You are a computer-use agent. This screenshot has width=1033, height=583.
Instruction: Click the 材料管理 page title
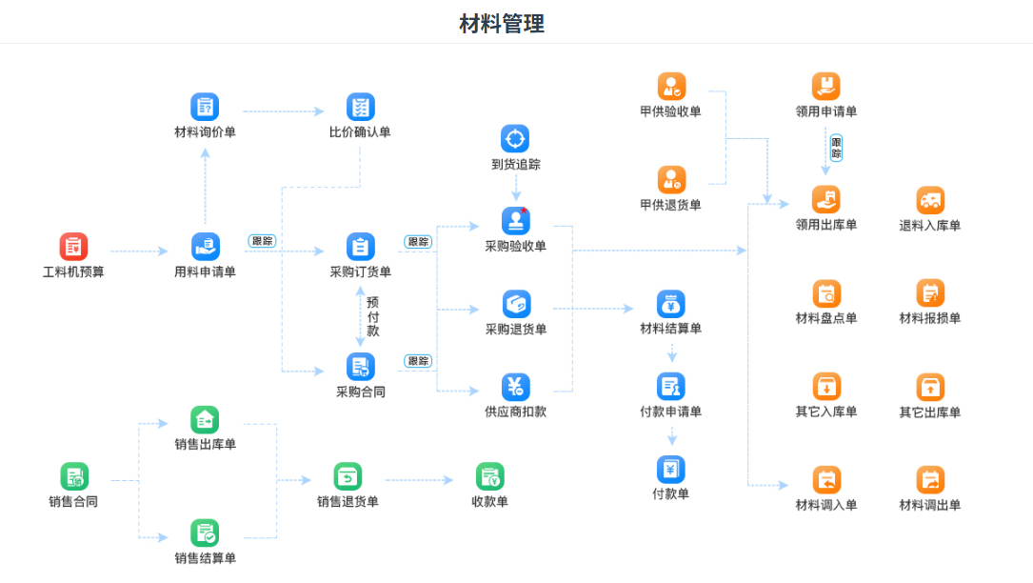501,24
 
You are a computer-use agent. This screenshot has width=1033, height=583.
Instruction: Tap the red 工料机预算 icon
73,247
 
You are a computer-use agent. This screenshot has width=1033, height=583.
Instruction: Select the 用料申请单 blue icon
205,247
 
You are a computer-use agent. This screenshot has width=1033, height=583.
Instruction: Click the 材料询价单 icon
205,107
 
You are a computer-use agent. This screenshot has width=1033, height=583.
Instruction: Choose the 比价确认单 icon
360,107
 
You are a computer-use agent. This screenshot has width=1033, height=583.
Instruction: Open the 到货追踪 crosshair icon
515,139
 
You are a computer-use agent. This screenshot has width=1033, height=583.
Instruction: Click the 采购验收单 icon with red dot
515,221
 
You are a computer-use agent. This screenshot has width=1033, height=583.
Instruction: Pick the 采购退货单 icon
515,304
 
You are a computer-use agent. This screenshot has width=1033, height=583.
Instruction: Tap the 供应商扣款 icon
515,387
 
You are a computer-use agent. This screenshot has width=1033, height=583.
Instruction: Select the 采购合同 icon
360,367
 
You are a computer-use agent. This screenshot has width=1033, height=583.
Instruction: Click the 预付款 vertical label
372,316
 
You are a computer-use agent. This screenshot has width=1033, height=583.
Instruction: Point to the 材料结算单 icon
671,304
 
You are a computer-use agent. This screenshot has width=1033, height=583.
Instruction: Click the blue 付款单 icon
671,469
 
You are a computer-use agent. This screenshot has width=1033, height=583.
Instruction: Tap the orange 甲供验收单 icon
671,87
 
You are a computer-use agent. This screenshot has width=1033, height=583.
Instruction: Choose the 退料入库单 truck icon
930,200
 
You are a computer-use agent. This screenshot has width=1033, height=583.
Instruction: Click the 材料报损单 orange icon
930,292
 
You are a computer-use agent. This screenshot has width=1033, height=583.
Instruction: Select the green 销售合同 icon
73,476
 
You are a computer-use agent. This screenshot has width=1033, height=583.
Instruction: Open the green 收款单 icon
489,476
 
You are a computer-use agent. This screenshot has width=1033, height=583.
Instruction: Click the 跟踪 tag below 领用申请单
836,148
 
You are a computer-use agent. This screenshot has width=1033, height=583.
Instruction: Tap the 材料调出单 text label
930,505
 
